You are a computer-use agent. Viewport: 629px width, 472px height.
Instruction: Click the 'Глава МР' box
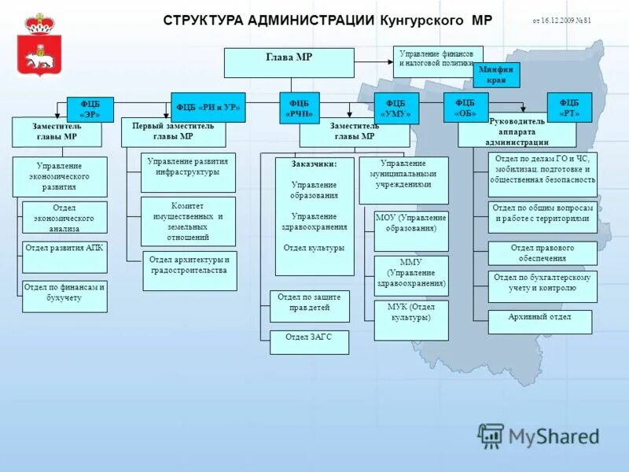coord(289,63)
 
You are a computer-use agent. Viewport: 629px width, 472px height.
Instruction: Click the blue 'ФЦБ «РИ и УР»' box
coord(208,108)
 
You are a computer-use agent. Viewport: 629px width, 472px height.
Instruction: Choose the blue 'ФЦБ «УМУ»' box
coord(395,109)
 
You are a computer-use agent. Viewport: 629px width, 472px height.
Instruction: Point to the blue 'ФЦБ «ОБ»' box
coord(465,108)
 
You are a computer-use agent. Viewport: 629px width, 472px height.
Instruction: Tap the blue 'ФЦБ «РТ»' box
coord(569,108)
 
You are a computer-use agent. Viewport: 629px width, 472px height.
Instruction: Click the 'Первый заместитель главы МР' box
coord(173,132)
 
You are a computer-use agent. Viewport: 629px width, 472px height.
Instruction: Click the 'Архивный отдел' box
coord(539,322)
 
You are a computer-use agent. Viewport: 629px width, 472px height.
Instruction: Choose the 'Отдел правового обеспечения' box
coord(542,253)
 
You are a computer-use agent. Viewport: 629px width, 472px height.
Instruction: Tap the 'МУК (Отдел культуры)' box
coord(410,320)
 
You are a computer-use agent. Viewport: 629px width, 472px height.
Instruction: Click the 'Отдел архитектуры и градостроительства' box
coord(189,271)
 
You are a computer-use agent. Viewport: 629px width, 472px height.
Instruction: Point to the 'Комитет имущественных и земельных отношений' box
coord(188,221)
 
